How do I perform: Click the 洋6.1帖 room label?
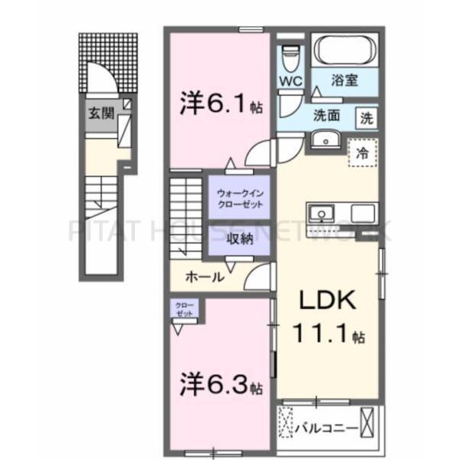coord(222,103)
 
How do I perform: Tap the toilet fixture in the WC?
coord(290,55)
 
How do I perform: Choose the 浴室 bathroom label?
coord(344,79)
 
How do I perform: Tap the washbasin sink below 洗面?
coord(327,140)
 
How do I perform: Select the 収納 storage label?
coord(239,238)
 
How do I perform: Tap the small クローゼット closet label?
coord(184,310)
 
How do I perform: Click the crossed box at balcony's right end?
coord(370,422)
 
